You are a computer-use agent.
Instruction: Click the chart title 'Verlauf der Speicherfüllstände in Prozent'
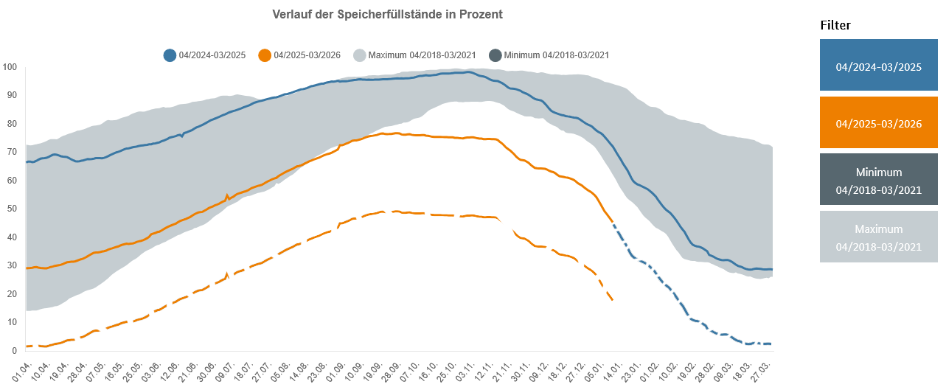[387, 15]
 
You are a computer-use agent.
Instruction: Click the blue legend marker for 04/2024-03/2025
[170, 55]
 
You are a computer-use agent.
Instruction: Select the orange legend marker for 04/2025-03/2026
[265, 55]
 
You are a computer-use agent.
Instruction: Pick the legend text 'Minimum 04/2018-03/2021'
[556, 55]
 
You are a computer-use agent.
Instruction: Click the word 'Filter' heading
[835, 25]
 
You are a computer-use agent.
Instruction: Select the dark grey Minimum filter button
[878, 180]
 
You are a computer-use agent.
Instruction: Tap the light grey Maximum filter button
[878, 237]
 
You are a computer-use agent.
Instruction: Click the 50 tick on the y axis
[12, 209]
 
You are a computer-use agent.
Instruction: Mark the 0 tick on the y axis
[14, 350]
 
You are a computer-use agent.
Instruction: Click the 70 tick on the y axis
[12, 152]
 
